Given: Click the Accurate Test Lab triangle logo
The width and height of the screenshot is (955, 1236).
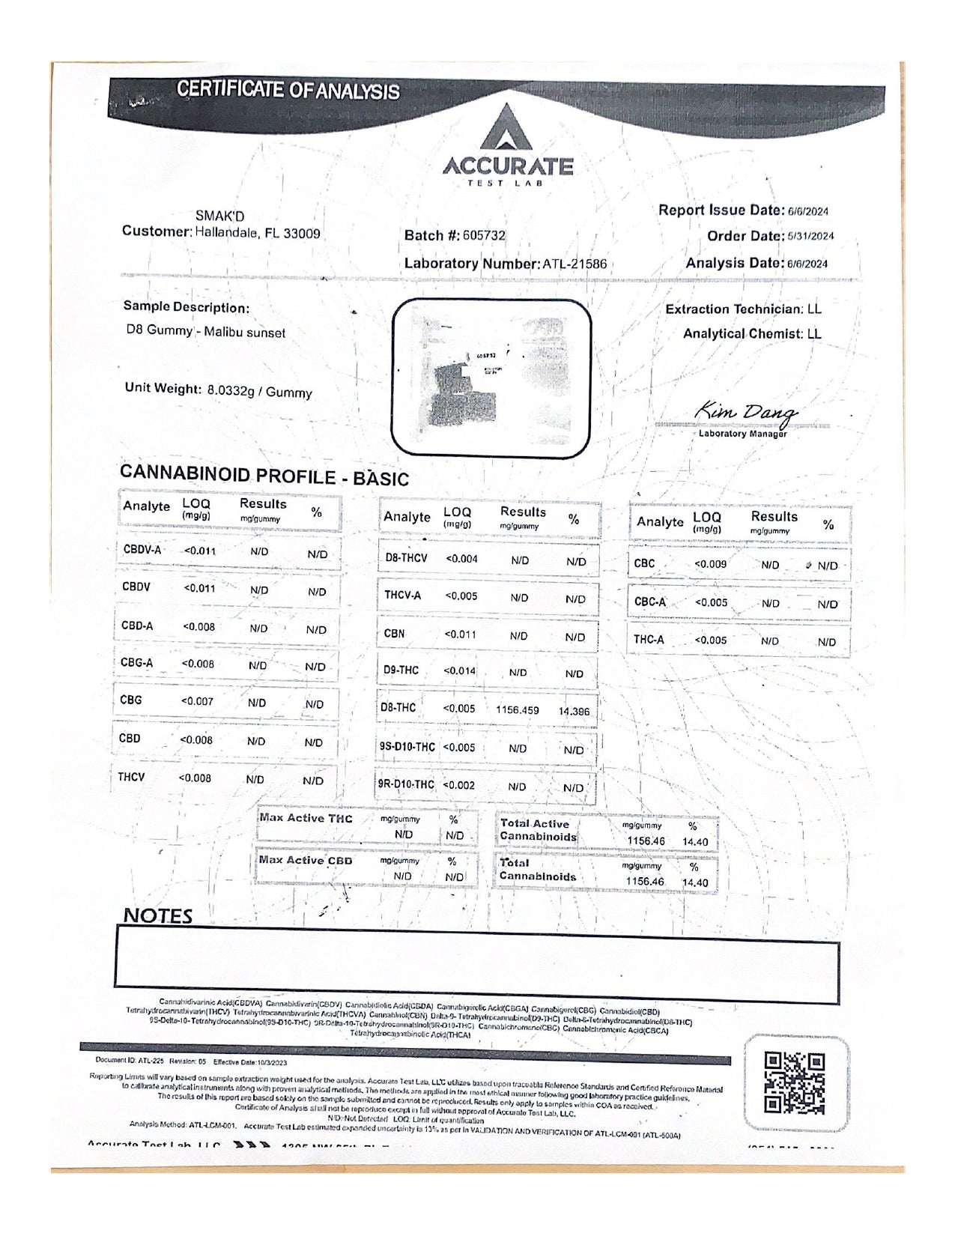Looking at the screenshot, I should click(506, 127).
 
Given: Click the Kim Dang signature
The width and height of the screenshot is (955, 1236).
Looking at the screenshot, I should click(746, 412).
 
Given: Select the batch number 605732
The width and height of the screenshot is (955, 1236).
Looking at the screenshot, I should click(484, 235).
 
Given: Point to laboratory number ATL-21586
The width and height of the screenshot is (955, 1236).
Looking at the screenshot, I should click(574, 264).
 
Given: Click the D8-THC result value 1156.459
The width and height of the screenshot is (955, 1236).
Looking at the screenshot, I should click(518, 709).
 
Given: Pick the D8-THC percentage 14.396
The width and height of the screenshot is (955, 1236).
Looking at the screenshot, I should click(574, 711).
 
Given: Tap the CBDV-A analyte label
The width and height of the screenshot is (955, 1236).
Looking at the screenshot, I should click(142, 550).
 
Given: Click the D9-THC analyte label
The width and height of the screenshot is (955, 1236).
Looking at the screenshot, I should click(401, 670).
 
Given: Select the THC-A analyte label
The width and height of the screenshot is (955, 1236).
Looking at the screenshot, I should click(649, 640).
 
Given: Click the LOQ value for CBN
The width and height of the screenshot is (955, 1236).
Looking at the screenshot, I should click(460, 634).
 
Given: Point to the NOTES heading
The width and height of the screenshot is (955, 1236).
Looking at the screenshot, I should click(157, 915).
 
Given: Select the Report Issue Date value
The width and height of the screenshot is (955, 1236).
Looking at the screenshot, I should click(807, 211).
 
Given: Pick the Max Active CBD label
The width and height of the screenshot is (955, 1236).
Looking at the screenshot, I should click(305, 861).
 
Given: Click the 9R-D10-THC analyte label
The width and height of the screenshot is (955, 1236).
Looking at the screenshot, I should click(406, 784).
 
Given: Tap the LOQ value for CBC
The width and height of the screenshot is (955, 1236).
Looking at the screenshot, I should click(710, 563).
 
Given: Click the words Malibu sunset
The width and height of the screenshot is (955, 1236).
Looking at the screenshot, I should click(248, 333).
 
